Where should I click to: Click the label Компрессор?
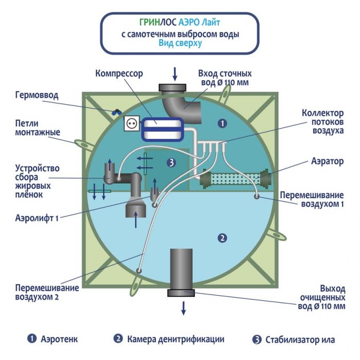119,74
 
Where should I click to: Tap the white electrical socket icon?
131,123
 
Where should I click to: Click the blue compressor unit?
162,128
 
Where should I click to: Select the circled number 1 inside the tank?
222,123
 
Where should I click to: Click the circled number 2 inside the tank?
222,238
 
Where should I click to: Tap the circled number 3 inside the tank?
172,163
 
